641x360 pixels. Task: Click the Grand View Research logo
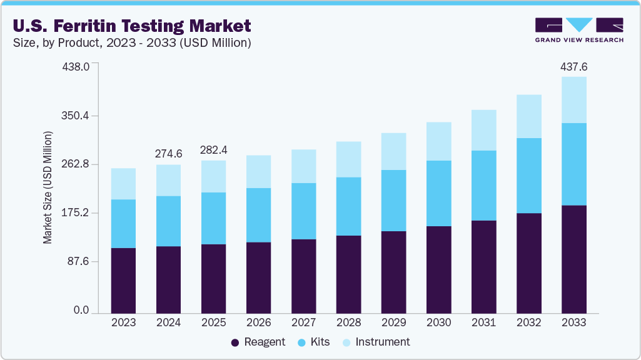[579, 30]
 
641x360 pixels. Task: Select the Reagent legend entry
[258, 342]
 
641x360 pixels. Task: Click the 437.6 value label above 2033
[574, 67]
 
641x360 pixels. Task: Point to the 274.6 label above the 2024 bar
[169, 154]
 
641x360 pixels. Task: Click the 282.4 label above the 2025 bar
[214, 150]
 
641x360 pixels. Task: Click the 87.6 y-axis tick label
[79, 261]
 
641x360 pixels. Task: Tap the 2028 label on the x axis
[349, 322]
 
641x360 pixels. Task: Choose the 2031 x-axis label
[484, 322]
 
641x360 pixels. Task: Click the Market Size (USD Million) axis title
[48, 187]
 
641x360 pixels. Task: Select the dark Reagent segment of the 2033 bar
[574, 259]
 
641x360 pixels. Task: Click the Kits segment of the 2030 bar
[439, 193]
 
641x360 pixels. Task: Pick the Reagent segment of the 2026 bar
[259, 277]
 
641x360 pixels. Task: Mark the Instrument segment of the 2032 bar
[529, 116]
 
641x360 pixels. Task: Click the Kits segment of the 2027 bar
[304, 211]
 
